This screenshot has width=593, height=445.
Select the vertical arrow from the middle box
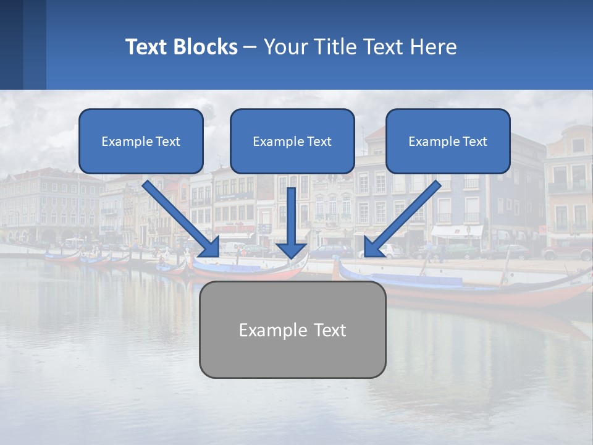(x=292, y=216)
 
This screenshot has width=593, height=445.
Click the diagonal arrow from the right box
(x=405, y=217)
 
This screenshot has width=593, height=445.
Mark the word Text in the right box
(x=474, y=142)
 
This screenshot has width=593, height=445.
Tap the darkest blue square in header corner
(x=11, y=44)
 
